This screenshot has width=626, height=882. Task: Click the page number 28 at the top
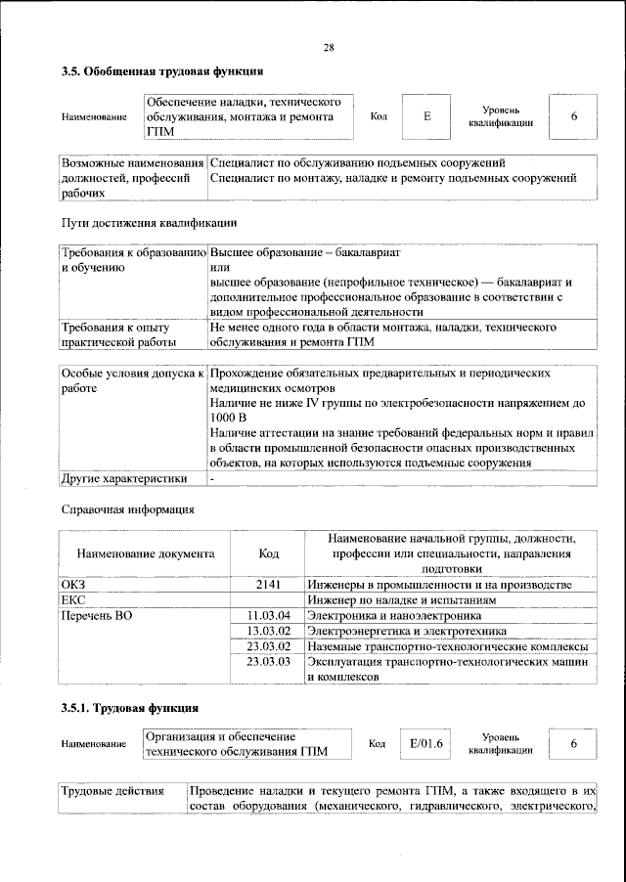(x=329, y=48)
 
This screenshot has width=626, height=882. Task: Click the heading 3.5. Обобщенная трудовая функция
(x=161, y=71)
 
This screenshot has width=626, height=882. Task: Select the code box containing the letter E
(x=426, y=117)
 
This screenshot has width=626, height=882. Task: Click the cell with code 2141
(x=268, y=584)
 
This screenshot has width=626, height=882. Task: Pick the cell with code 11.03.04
(x=269, y=615)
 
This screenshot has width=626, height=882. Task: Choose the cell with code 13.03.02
(x=269, y=631)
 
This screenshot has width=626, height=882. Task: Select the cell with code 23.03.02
(x=269, y=646)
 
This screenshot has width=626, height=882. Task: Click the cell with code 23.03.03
(x=269, y=662)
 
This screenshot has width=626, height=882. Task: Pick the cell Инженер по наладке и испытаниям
(x=411, y=599)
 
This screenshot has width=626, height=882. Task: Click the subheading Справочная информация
(x=127, y=509)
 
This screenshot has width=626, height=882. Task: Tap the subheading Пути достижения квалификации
(x=148, y=223)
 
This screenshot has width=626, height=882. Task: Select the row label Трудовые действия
(x=112, y=790)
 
